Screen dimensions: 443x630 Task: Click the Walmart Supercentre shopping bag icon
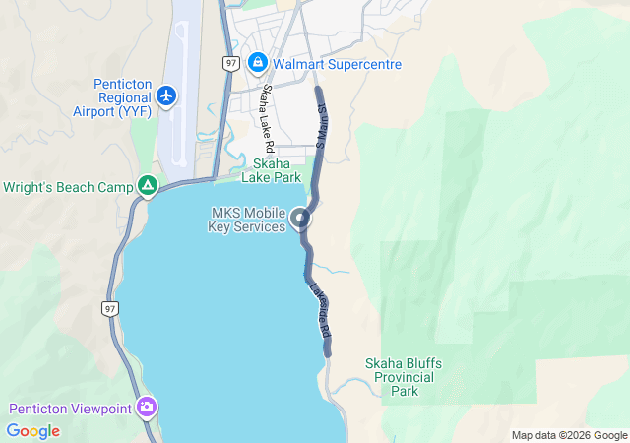[x=258, y=63]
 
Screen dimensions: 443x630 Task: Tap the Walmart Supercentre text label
[x=338, y=64]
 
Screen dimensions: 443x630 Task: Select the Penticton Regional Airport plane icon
[x=166, y=96]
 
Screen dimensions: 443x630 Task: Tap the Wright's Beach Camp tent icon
[x=147, y=185]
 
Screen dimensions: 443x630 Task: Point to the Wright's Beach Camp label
[x=68, y=187]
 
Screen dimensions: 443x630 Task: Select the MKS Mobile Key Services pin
[x=302, y=219]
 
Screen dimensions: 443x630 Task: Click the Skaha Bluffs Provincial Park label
[x=404, y=377]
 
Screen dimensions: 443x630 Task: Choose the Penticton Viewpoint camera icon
[x=147, y=407]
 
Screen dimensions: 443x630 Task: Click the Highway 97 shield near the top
[x=230, y=63]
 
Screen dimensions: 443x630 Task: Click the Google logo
[x=33, y=430]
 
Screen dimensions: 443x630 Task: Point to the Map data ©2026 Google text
[x=569, y=435]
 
